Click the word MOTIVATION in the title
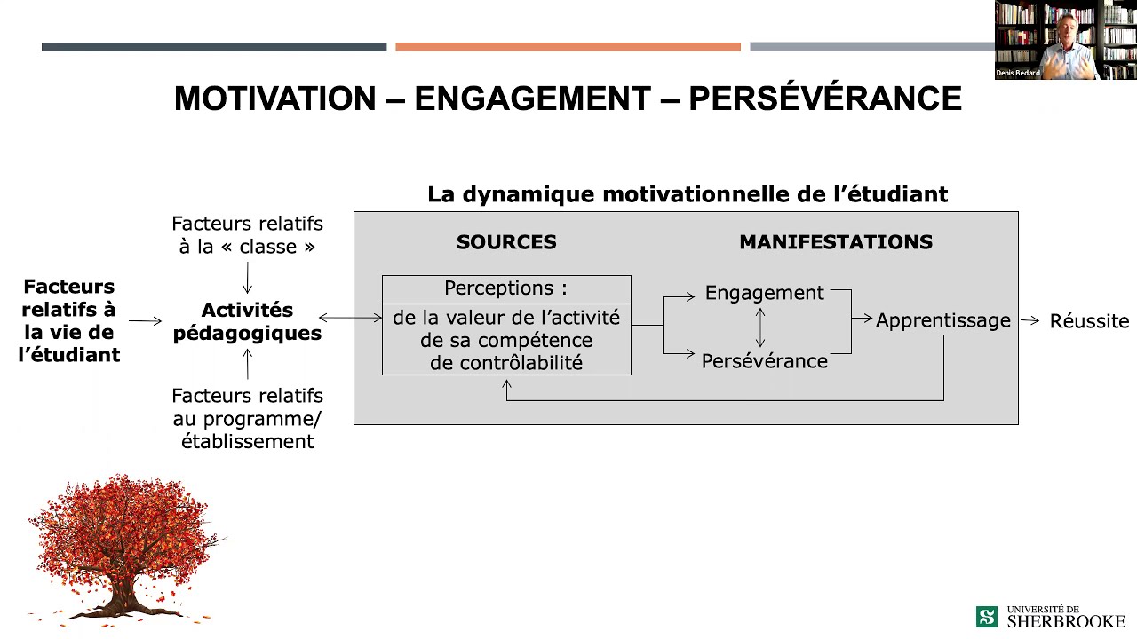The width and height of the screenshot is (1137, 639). click(x=274, y=99)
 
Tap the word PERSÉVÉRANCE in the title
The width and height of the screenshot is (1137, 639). click(x=824, y=99)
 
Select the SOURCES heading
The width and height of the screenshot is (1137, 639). click(x=506, y=242)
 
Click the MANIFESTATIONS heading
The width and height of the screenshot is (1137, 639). click(x=836, y=242)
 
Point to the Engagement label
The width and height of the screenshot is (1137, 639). click(x=764, y=293)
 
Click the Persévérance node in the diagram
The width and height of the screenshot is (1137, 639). click(x=764, y=361)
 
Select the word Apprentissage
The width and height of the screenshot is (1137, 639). click(x=942, y=320)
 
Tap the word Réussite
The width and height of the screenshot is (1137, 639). click(x=1089, y=321)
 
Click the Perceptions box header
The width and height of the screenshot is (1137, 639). click(x=505, y=288)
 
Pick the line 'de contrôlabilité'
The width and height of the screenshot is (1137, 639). click(x=505, y=362)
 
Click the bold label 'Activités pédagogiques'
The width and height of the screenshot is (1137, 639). click(x=247, y=321)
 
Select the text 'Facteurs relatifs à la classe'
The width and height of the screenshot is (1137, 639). click(x=247, y=235)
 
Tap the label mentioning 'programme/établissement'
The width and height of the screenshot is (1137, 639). click(x=247, y=418)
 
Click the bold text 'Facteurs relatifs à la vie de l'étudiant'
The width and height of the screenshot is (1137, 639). click(x=69, y=320)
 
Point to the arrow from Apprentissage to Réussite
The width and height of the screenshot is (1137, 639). click(x=1030, y=320)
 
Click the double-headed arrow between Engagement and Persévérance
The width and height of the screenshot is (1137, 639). click(x=760, y=327)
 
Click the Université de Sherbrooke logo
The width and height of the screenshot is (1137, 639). click(x=1050, y=616)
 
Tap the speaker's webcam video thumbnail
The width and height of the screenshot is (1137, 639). click(x=1065, y=40)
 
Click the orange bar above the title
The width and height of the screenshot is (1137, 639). click(x=568, y=47)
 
